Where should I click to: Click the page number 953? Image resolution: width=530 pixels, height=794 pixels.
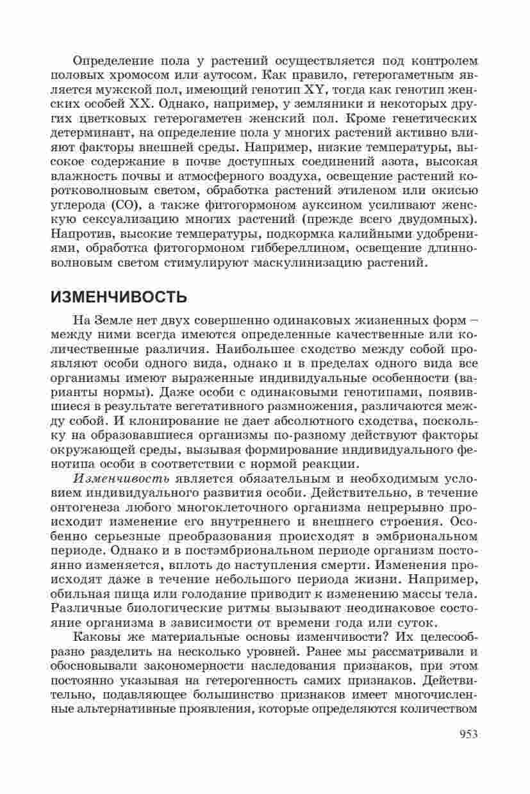point(468,734)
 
